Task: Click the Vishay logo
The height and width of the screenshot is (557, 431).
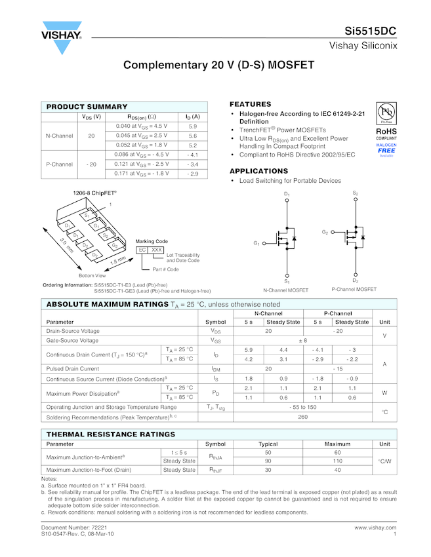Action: tap(63, 38)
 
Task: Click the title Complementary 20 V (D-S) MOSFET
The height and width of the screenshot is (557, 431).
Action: tap(218, 66)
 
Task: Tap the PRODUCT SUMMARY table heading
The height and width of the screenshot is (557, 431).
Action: tap(87, 107)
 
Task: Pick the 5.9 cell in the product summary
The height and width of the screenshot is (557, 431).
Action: tap(192, 126)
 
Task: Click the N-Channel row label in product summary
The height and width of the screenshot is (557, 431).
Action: tap(59, 136)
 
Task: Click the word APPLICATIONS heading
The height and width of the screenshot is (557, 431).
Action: tap(258, 171)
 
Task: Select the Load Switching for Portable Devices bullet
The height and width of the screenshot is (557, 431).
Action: tap(290, 181)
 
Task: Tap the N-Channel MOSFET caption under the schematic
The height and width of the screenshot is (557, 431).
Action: tap(285, 290)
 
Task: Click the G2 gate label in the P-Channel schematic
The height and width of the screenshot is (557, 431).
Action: tap(325, 233)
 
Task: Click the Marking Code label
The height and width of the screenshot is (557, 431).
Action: tap(152, 242)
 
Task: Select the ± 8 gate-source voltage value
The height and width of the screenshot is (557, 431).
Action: tap(302, 341)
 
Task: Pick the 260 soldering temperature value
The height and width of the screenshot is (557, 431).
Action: tap(302, 417)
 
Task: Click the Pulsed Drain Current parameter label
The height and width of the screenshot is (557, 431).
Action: tap(73, 369)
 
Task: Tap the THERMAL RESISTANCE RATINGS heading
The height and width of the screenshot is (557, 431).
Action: tap(110, 434)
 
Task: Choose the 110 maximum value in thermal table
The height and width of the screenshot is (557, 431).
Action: tap(337, 461)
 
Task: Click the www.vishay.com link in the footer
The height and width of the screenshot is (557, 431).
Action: tap(375, 527)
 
